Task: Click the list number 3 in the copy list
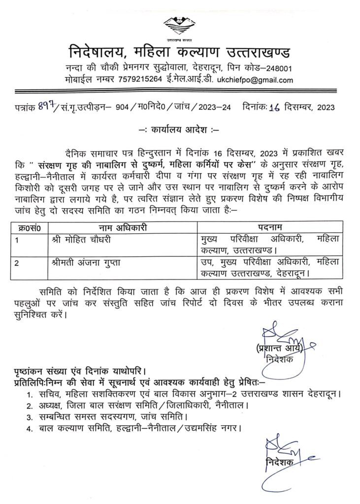(31, 416)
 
